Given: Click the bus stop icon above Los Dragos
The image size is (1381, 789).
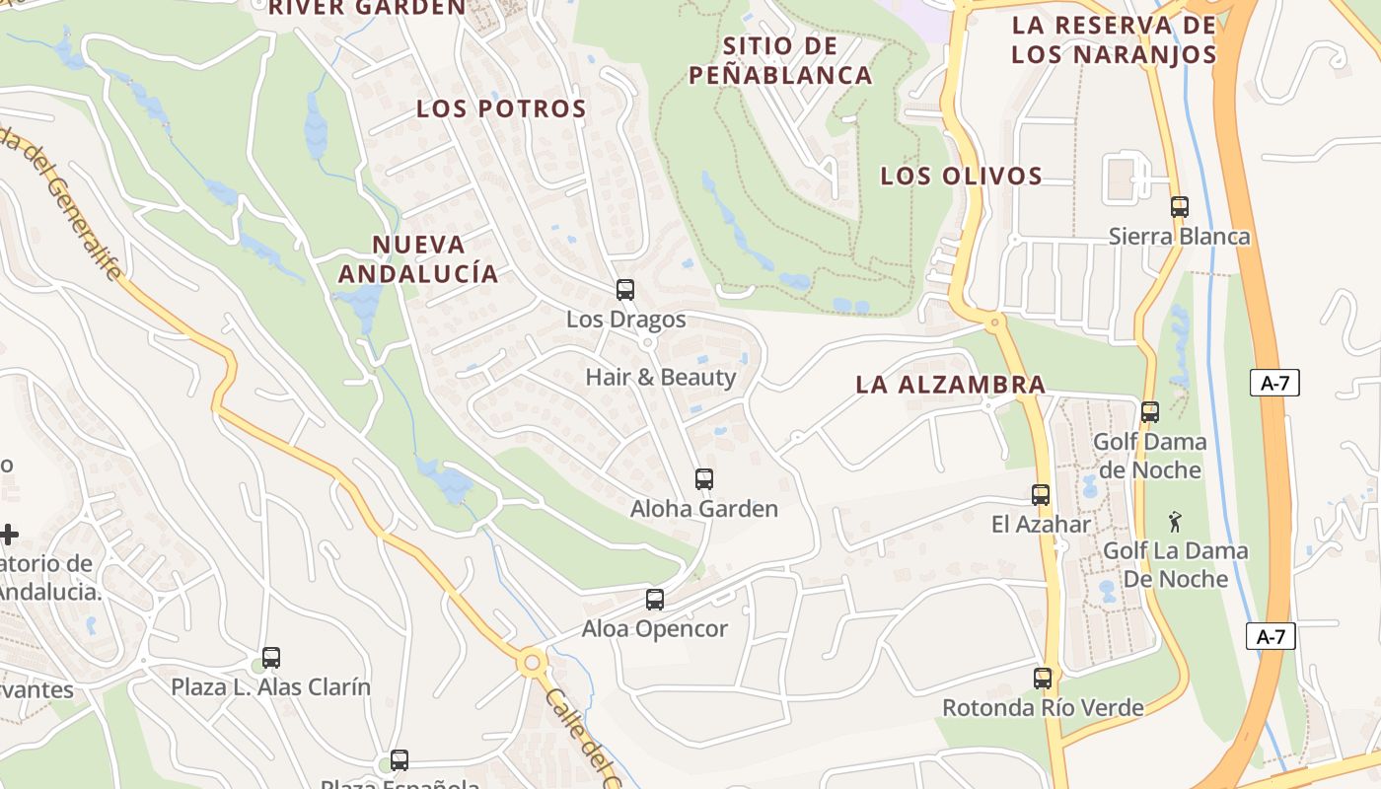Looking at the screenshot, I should (625, 290).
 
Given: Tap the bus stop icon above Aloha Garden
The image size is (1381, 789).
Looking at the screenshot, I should (703, 479).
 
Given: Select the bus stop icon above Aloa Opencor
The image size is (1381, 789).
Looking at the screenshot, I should (654, 600).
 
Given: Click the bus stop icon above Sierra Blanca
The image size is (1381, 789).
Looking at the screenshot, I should (1179, 207).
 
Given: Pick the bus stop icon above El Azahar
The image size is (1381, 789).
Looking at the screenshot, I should (1041, 495).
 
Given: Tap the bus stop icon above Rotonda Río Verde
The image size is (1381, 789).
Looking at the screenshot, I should (1043, 679).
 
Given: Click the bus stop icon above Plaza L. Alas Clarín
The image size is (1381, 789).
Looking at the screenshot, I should (271, 658).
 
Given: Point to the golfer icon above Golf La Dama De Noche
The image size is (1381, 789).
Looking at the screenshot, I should (1174, 522).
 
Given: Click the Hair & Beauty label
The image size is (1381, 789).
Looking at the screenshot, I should (661, 377).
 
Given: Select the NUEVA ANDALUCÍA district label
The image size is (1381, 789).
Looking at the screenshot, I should (419, 258).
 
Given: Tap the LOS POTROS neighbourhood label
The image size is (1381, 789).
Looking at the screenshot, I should (501, 108).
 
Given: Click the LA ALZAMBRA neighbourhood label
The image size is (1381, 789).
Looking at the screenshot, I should (950, 384).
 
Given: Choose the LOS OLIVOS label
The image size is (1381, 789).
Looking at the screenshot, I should (961, 176).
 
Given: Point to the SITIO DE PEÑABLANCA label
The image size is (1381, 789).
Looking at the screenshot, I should (780, 60).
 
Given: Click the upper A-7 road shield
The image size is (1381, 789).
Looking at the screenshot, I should (1274, 383).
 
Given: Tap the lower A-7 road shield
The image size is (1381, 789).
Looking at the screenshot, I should (1271, 636).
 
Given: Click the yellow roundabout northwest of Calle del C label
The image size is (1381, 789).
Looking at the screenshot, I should (533, 663).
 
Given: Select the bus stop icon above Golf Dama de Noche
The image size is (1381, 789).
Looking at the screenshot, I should (1149, 412).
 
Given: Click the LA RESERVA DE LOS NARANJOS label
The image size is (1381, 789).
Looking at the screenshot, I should (1114, 39).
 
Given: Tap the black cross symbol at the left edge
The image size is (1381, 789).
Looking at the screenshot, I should (9, 535).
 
